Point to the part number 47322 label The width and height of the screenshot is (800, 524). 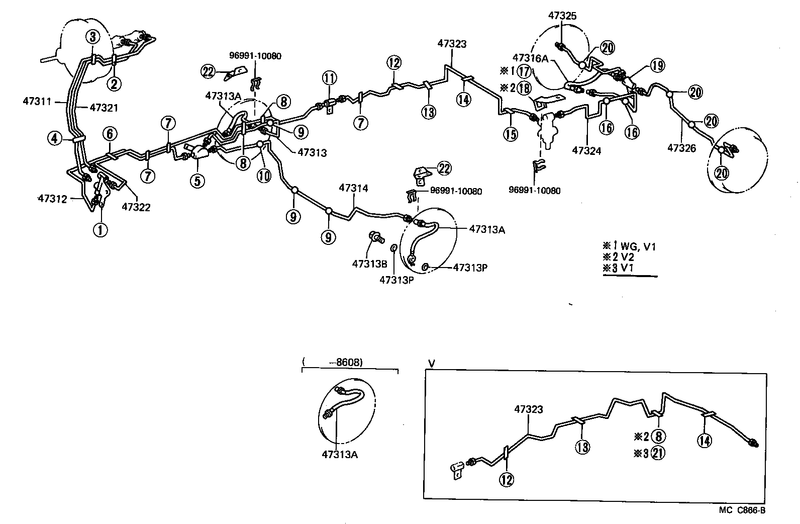(136, 207)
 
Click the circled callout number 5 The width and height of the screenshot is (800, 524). (197, 180)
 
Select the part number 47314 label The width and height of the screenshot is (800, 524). (353, 188)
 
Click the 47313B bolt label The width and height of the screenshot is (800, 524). (370, 263)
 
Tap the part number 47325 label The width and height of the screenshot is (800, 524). (562, 16)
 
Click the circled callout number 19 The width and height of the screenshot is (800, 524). (658, 65)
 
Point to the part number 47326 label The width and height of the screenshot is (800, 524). (682, 147)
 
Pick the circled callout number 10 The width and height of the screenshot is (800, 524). (264, 175)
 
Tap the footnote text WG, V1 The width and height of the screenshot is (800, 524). (638, 246)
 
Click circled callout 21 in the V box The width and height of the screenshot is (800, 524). (658, 453)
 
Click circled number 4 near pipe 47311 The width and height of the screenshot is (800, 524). (56, 138)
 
